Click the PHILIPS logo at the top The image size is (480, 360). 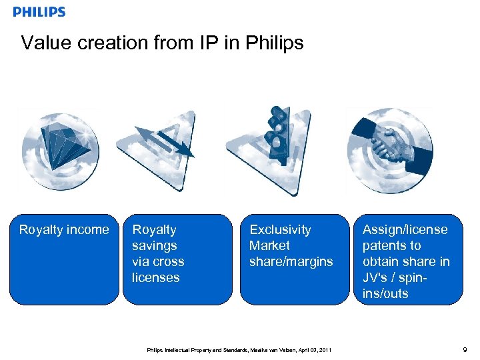coord(39,12)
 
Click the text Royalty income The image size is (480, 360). coord(64,230)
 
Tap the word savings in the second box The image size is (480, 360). coord(154,246)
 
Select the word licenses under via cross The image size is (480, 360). coord(156,278)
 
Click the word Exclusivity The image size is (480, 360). coord(280,230)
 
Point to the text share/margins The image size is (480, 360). coord(291,262)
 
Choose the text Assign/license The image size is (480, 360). coord(405,230)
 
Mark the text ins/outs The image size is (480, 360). coord(386,294)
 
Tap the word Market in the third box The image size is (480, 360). coord(269,246)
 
